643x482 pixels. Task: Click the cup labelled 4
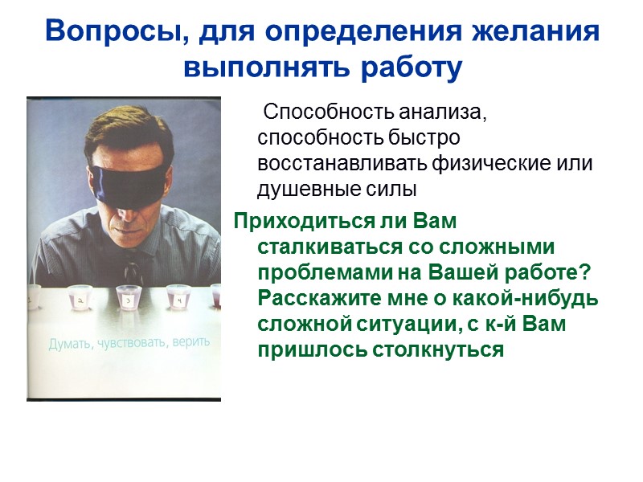[178, 297]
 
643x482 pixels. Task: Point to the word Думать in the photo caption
[69, 345]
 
